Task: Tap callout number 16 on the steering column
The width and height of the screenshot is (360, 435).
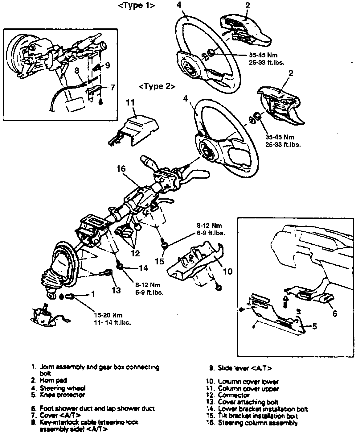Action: coord(121,169)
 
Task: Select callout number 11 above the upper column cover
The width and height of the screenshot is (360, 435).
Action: coord(131,102)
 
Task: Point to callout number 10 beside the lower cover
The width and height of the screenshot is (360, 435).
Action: coord(227,271)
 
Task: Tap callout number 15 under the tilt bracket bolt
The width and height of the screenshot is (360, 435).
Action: coord(160,261)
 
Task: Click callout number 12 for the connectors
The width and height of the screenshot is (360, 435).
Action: coord(135,253)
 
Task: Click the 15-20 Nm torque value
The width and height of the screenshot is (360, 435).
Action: coord(108,315)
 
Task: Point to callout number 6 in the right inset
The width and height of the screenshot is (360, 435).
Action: coord(334,313)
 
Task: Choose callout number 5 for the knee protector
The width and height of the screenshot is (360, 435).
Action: coord(314,326)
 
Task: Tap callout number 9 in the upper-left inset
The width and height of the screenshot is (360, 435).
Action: coord(107,65)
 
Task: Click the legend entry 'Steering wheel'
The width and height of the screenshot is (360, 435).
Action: coord(63,388)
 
